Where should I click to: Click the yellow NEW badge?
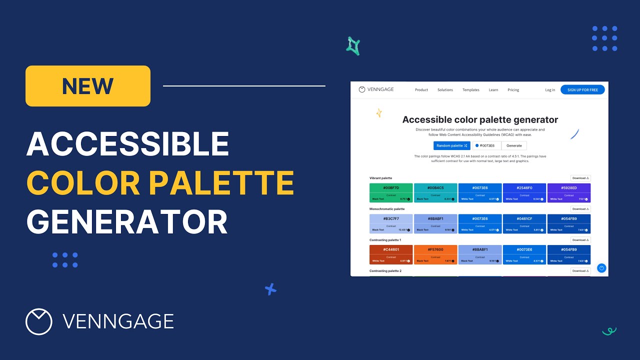coord(87,86)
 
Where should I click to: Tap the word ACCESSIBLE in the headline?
coord(127,144)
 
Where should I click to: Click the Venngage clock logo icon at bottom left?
coord(39,321)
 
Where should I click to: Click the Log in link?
coord(550,90)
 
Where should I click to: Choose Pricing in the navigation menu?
coord(513,90)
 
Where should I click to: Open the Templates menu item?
coord(470,90)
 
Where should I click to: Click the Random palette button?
coord(451,145)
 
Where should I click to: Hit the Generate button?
coord(514,145)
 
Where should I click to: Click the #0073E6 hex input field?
coord(486,145)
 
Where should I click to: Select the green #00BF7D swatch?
coord(391,192)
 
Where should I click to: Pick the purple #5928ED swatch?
coord(568,192)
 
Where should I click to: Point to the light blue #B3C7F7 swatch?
coord(391,223)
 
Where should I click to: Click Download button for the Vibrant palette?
coord(580,178)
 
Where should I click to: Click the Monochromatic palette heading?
coord(387,209)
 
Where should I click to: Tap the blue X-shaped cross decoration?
coord(270,289)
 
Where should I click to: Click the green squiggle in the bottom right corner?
coord(609,331)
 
